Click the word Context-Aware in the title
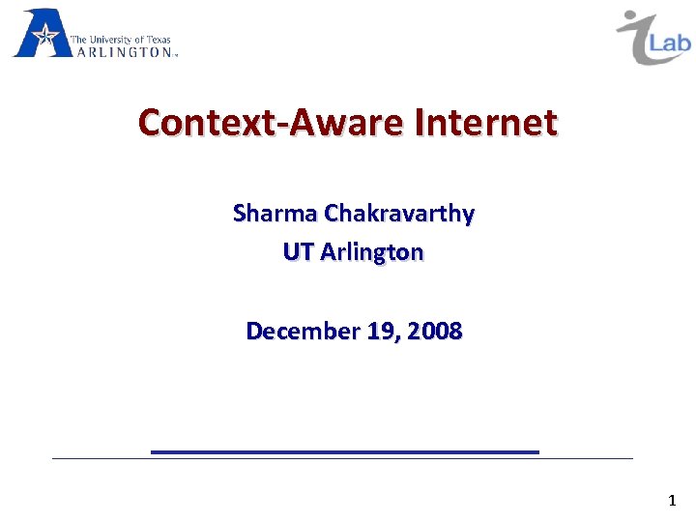(273, 123)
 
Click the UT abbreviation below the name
(298, 252)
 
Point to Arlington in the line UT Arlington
(372, 252)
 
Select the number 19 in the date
(381, 332)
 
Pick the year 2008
(435, 332)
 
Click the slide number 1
(672, 501)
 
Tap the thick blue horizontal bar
(345, 451)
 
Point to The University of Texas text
(120, 41)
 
